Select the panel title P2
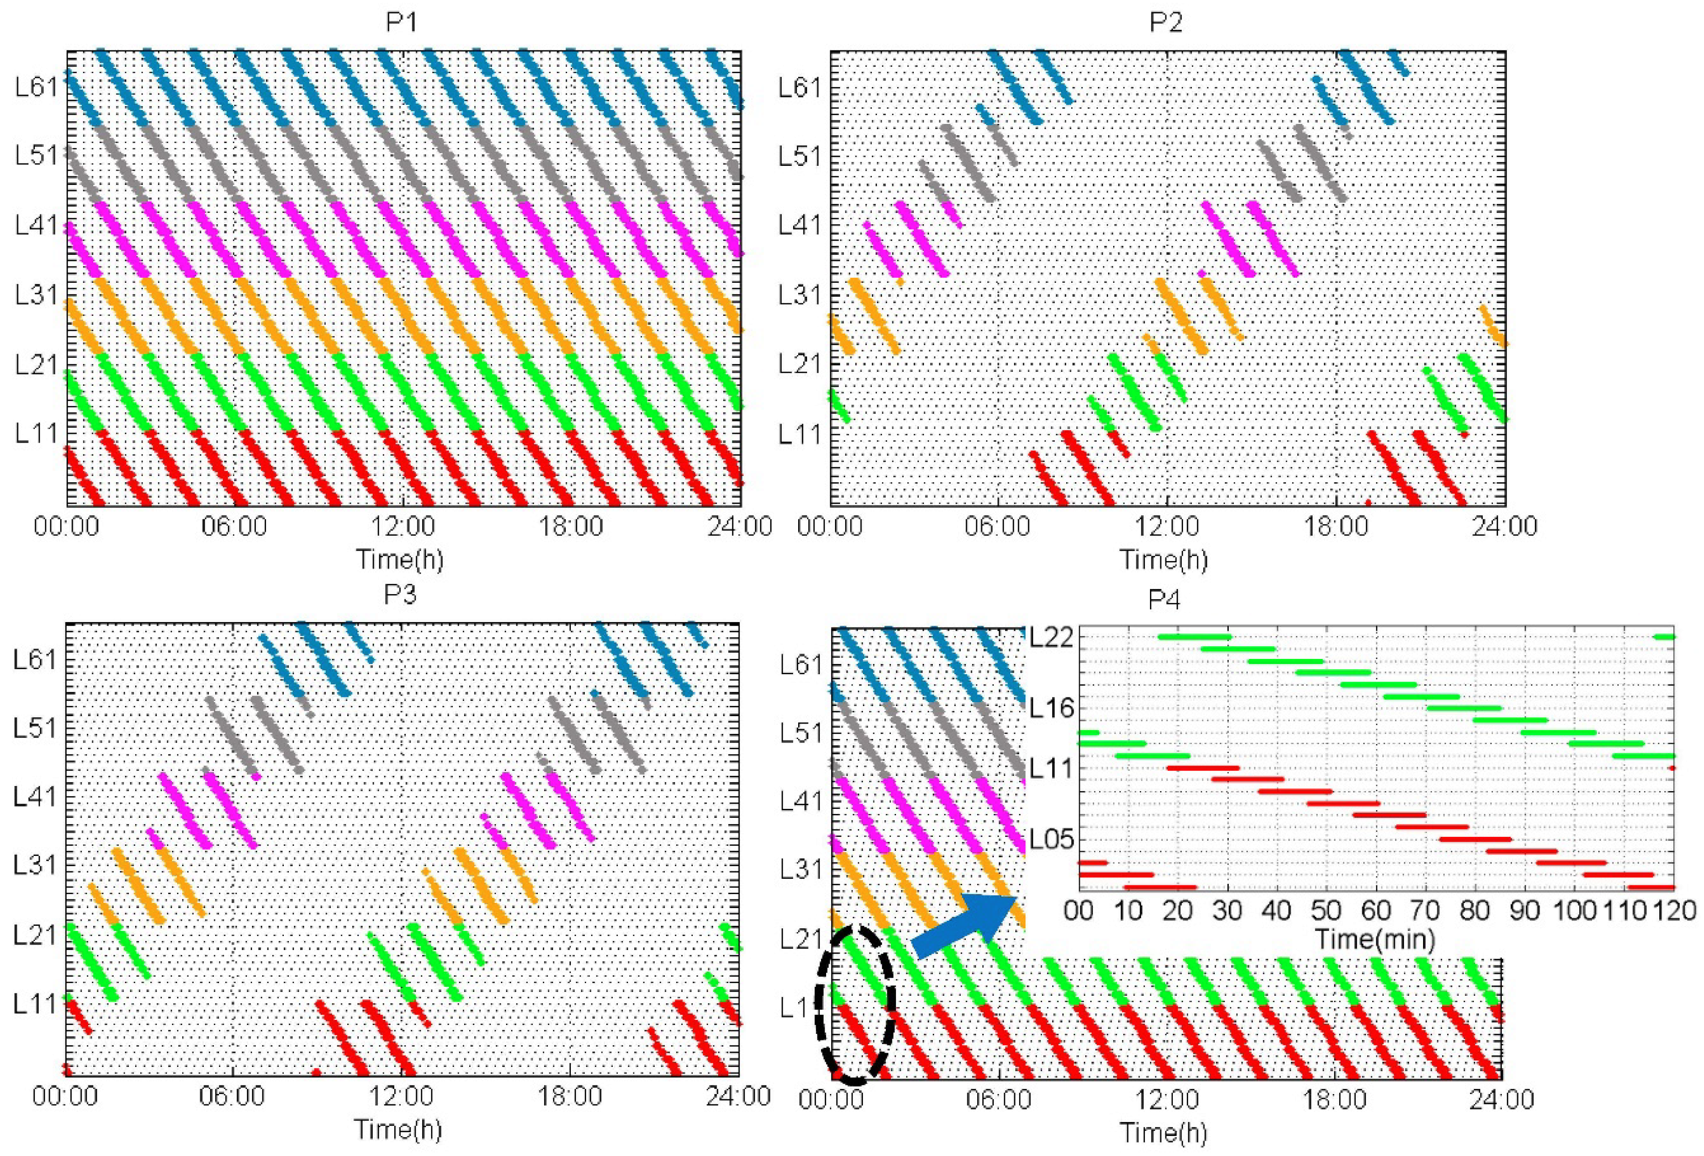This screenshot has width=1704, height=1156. tap(1166, 22)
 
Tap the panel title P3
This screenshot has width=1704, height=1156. tap(400, 594)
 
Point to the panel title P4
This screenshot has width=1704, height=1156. tap(1163, 600)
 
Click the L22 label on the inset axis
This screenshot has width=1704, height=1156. tap(1051, 637)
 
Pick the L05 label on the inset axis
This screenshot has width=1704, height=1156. tap(1051, 839)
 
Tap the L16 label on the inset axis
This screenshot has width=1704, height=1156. tap(1051, 708)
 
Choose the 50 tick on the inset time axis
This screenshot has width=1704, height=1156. tap(1326, 911)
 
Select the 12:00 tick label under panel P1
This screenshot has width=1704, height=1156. tap(403, 527)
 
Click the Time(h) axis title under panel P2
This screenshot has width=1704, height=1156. tap(1163, 559)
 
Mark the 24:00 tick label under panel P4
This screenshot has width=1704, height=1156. tap(1502, 1100)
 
